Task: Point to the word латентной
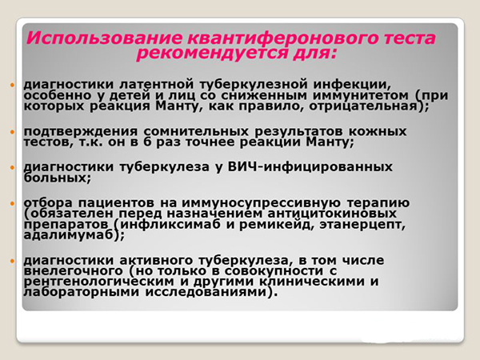(x=143, y=83)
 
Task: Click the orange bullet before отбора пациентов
(x=14, y=202)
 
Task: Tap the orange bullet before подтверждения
(x=14, y=130)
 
